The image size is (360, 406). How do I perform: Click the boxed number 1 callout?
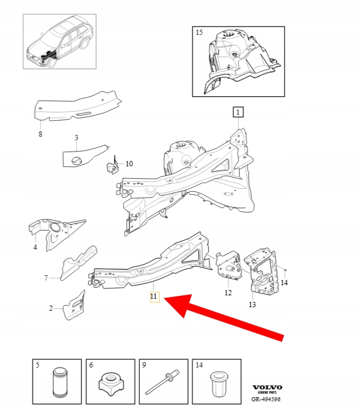[x=238, y=112]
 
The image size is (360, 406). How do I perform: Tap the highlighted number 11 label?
[x=155, y=297]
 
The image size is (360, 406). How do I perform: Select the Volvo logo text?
[x=267, y=387]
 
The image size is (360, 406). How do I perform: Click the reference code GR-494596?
[x=266, y=399]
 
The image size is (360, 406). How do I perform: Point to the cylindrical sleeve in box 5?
[x=60, y=382]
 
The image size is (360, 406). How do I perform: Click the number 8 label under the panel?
[x=40, y=134]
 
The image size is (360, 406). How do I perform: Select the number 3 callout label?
[x=76, y=137]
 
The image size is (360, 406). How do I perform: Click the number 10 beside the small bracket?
[x=129, y=163]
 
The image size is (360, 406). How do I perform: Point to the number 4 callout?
[x=35, y=247]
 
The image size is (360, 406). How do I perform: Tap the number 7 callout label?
[x=46, y=278]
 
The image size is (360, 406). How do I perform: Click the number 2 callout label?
[x=51, y=308]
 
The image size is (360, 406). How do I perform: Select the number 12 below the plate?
[x=228, y=292]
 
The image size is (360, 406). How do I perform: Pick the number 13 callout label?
[x=252, y=304]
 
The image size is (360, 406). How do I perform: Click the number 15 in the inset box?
[x=199, y=33]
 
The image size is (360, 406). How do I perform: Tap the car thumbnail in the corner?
[x=60, y=41]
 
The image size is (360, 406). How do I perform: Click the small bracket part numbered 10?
[x=113, y=166]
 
